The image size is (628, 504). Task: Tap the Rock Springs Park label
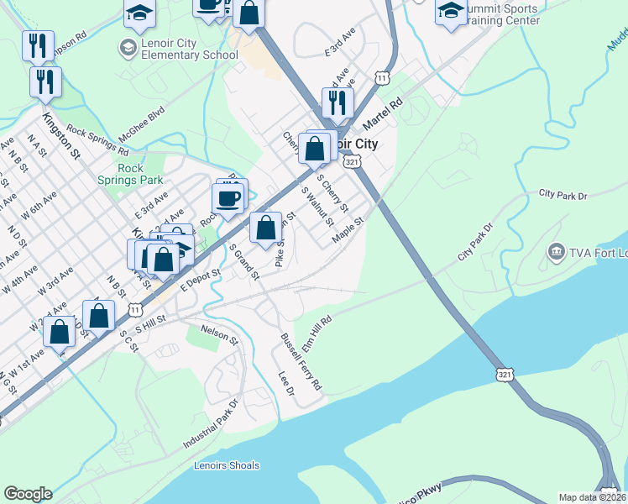click(x=141, y=174)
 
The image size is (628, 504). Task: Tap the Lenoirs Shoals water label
click(x=227, y=465)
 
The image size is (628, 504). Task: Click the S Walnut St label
click(x=318, y=206)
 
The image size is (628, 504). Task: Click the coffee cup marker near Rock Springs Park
click(x=228, y=199)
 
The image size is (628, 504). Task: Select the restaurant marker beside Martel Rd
click(x=338, y=102)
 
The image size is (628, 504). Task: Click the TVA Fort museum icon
click(x=556, y=252)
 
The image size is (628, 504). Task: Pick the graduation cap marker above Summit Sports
click(x=452, y=11)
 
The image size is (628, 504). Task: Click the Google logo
click(x=28, y=494)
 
